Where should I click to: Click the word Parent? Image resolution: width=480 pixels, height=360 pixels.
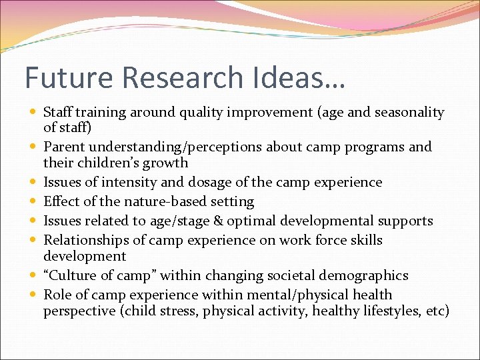[64, 147]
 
